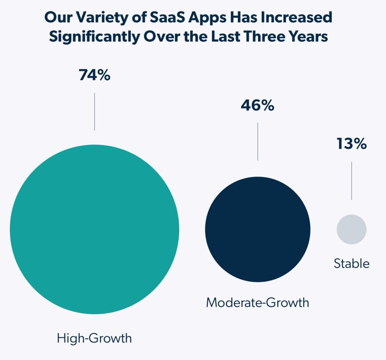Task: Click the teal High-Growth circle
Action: [x=95, y=229]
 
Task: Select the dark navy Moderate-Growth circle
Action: [x=258, y=229]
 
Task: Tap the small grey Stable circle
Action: [x=352, y=229]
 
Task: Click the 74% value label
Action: [x=95, y=75]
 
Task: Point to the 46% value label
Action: [x=257, y=105]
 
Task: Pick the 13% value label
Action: [x=352, y=144]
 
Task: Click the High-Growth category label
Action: [x=95, y=338]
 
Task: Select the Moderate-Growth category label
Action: [x=257, y=302]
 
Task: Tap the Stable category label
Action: [x=352, y=263]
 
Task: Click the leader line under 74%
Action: [x=95, y=112]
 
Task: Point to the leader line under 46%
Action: [x=258, y=142]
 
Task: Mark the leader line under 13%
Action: [x=352, y=181]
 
